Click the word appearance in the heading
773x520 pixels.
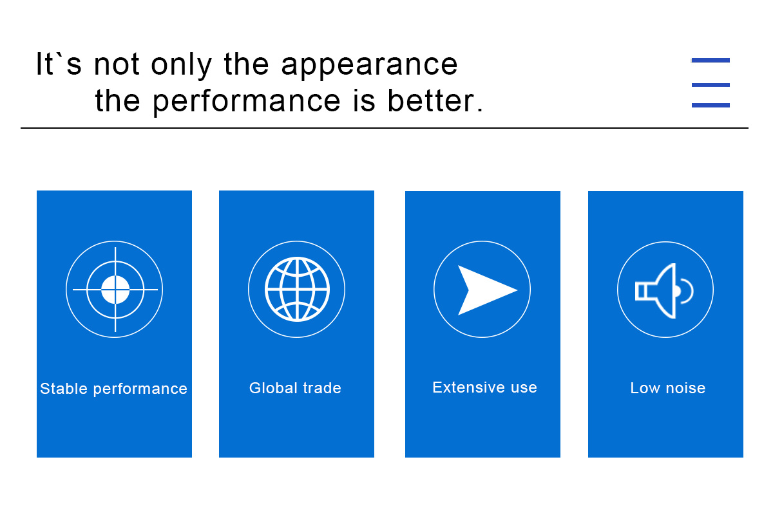[369, 66]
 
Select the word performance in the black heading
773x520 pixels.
[246, 102]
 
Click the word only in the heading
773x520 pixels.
[181, 65]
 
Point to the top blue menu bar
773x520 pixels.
[711, 60]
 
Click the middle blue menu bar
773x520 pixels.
[711, 85]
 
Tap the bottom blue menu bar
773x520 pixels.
[711, 105]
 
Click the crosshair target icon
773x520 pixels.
[115, 290]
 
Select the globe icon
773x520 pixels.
[297, 289]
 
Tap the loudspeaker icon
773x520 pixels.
[663, 291]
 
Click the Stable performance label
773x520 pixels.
[113, 389]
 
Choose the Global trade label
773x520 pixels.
[295, 388]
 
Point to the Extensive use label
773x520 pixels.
[484, 387]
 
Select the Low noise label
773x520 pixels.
[668, 388]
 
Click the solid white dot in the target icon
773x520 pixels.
[115, 290]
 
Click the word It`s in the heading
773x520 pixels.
[59, 64]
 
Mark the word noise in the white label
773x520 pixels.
[685, 388]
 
